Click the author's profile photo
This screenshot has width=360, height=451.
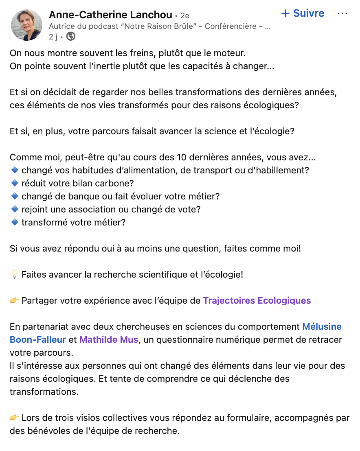coord(26,25)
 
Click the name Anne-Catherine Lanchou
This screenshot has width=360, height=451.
coord(110,15)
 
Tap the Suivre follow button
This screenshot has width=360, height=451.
coord(303,13)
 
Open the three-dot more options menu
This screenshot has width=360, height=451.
coord(342,13)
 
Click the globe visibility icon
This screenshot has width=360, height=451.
coord(71,37)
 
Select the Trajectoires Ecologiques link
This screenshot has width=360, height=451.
coord(257,301)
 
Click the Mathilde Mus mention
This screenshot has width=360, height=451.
coord(109,339)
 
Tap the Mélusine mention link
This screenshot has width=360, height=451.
coord(322,326)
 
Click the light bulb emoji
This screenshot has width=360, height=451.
coord(14,274)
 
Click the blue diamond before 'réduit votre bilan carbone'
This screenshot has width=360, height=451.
coord(15,183)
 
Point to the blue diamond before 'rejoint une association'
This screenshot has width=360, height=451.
coord(15,209)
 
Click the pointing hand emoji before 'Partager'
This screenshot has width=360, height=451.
coord(14,301)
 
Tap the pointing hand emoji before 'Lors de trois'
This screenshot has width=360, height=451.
coord(14,418)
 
